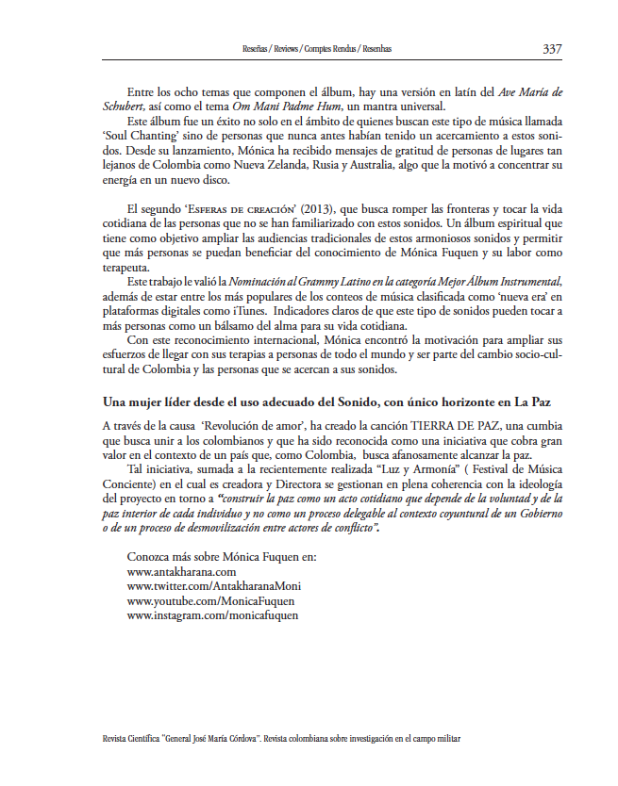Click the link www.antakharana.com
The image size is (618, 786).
click(181, 571)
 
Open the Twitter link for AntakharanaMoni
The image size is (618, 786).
click(214, 585)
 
